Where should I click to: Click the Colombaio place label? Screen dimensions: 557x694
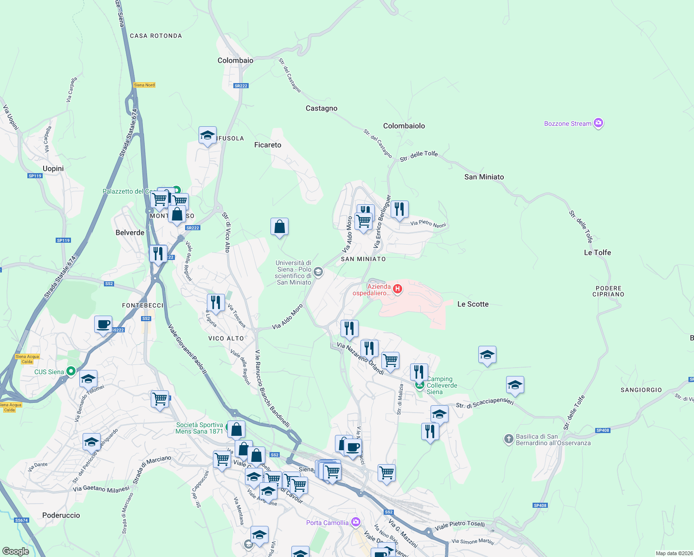tap(235, 60)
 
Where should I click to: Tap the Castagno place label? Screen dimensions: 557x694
tap(321, 108)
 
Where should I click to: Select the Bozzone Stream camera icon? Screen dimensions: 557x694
tap(598, 123)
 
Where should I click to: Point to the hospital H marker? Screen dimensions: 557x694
tap(397, 289)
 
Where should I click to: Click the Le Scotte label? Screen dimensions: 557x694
tap(473, 304)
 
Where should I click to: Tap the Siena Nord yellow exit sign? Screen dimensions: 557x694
tap(144, 85)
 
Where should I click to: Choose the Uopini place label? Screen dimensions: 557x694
tap(53, 168)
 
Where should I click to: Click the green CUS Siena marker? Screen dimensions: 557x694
tap(71, 371)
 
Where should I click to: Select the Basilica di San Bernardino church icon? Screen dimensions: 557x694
tap(509, 439)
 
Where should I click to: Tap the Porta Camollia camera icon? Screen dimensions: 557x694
tap(355, 522)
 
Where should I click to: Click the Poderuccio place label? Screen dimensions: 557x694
tap(61, 515)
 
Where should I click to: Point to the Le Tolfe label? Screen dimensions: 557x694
tap(597, 253)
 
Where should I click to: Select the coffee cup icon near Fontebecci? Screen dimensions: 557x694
tap(103, 324)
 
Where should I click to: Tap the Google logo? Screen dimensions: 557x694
tap(15, 551)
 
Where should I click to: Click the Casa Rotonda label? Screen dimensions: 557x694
tap(156, 36)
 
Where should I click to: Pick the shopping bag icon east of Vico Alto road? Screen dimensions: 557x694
tap(279, 227)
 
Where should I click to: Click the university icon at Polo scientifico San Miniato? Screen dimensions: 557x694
tap(318, 272)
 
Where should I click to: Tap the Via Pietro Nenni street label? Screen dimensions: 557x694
tap(428, 224)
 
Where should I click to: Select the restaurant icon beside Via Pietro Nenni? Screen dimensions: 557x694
tap(399, 209)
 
